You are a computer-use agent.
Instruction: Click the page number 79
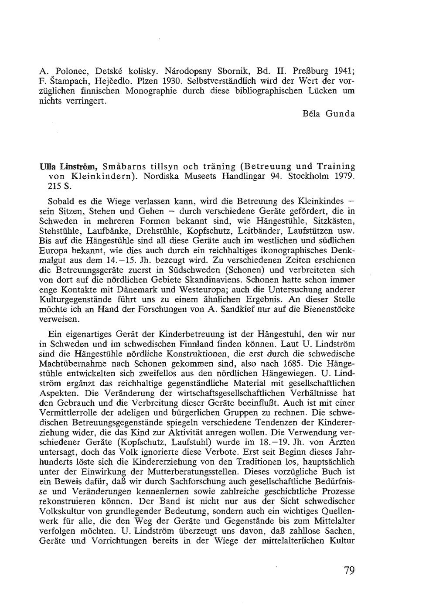pyautogui.click(x=349, y=571)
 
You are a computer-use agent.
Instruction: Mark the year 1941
pyautogui.click(x=343, y=71)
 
